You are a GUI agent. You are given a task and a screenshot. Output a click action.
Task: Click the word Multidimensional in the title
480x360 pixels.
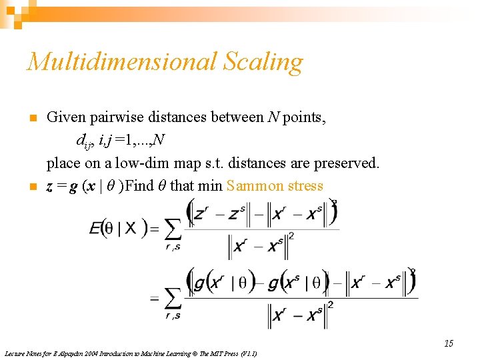121,62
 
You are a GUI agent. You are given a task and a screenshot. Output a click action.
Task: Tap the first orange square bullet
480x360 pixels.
31,119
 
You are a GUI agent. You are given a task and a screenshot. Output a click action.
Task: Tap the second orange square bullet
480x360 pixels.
31,187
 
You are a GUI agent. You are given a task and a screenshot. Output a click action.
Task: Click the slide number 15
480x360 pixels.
449,343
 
